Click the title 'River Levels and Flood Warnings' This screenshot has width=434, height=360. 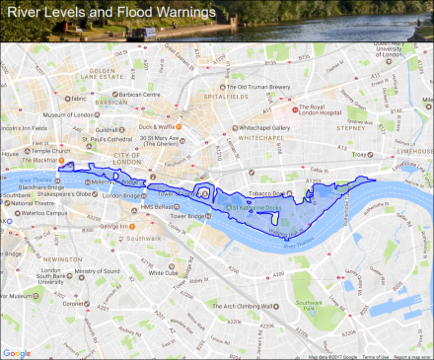(110, 13)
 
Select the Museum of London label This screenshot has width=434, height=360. (79, 115)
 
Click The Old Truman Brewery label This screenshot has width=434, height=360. (253, 86)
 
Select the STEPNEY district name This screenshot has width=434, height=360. (351, 127)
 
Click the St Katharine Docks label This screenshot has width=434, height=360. (258, 208)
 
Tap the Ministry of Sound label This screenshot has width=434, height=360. (96, 270)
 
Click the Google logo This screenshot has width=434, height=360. (16, 353)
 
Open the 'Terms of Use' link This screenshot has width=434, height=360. (375, 356)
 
